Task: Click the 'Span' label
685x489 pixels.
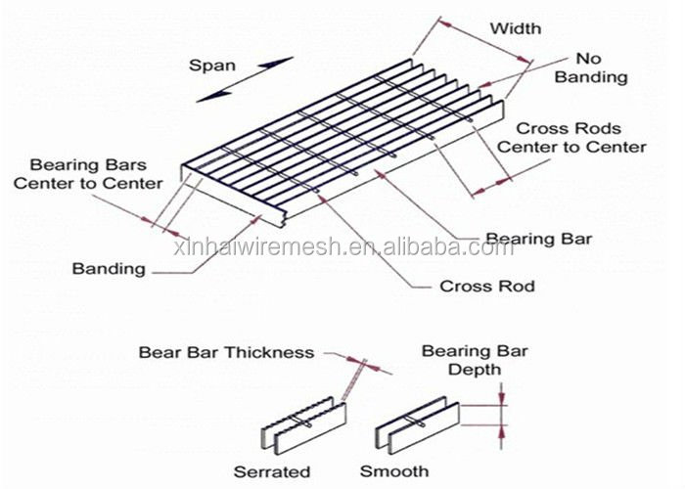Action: pyautogui.click(x=212, y=66)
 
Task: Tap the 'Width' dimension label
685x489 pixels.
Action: pyautogui.click(x=516, y=28)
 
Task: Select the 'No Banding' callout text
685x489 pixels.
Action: pyautogui.click(x=591, y=67)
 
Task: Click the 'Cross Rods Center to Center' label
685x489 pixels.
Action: pyautogui.click(x=571, y=138)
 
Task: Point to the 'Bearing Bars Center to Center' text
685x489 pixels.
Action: pyautogui.click(x=88, y=174)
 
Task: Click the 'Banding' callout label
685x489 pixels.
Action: pyautogui.click(x=109, y=269)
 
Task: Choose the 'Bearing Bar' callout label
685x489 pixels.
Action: pyautogui.click(x=538, y=239)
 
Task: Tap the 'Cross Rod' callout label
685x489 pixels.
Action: pyautogui.click(x=487, y=287)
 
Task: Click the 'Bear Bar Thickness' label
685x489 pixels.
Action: pyautogui.click(x=226, y=352)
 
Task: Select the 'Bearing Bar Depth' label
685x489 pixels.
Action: pyautogui.click(x=475, y=361)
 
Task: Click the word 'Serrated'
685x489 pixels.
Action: pyautogui.click(x=272, y=471)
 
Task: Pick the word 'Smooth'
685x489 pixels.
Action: pyautogui.click(x=394, y=471)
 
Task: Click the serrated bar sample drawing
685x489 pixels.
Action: pyautogui.click(x=303, y=424)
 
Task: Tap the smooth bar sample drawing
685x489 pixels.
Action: pyautogui.click(x=417, y=424)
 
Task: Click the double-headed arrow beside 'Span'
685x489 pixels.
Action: pyautogui.click(x=245, y=79)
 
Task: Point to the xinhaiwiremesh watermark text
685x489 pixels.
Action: pyautogui.click(x=343, y=248)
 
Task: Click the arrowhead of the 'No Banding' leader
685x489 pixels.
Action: pyautogui.click(x=484, y=85)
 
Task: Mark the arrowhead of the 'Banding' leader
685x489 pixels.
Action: pyautogui.click(x=256, y=219)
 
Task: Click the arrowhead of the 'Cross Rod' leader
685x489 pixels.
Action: pyautogui.click(x=323, y=199)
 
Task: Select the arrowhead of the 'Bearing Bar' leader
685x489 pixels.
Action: pyautogui.click(x=381, y=175)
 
